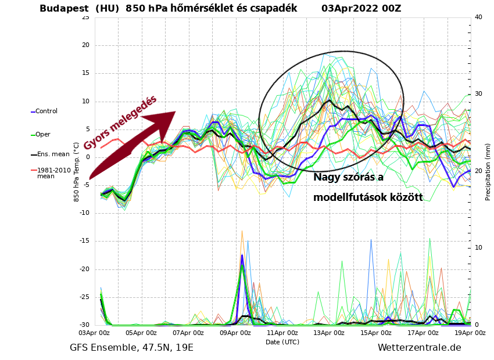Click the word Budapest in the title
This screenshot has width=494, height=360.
point(65,8)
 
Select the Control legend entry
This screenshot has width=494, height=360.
point(46,111)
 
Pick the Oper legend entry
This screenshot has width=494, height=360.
point(42,134)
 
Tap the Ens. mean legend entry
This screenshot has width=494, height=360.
point(52,154)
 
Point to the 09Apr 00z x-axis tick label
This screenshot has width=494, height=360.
point(235,333)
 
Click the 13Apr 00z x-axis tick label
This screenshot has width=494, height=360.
point(330,333)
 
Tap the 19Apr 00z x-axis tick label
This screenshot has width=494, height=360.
point(469,333)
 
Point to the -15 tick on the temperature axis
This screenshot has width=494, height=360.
point(85,241)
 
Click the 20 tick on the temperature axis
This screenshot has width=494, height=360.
point(85,45)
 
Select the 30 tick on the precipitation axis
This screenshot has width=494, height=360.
point(478,94)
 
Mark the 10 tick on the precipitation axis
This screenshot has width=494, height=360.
point(478,248)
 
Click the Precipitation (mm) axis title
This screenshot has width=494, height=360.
point(488,172)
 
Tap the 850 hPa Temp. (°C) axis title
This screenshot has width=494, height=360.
point(76,172)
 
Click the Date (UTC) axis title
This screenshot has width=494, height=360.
point(282,342)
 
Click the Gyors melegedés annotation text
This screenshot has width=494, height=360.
point(120,123)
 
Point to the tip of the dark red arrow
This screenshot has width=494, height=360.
point(175,112)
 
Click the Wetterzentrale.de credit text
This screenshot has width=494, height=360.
point(419,347)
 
